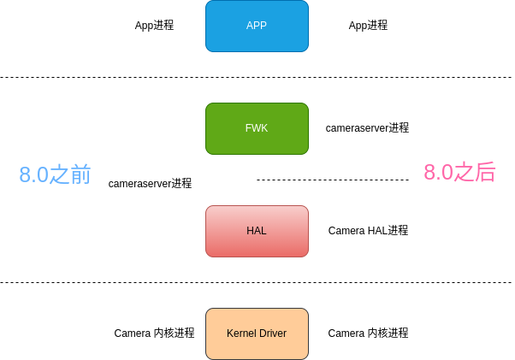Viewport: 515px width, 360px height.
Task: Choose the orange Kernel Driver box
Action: click(x=257, y=346)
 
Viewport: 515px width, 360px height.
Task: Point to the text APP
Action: click(x=257, y=26)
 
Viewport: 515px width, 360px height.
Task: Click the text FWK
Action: click(x=257, y=128)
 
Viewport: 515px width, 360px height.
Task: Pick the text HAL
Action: click(x=257, y=231)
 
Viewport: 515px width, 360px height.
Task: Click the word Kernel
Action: click(x=242, y=333)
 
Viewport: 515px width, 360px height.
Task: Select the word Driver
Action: click(x=272, y=333)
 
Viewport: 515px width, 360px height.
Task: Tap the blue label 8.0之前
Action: click(x=55, y=174)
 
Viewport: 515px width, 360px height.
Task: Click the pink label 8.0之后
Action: click(x=459, y=172)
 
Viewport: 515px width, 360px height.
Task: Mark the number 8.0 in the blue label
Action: click(x=34, y=175)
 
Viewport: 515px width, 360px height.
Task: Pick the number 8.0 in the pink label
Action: click(x=438, y=173)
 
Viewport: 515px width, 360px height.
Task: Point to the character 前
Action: click(x=80, y=174)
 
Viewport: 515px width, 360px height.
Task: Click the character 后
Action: click(x=485, y=172)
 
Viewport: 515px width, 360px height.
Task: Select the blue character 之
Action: click(x=59, y=174)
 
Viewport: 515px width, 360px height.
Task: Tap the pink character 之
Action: click(x=464, y=172)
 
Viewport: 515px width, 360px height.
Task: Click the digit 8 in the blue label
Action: click(x=25, y=175)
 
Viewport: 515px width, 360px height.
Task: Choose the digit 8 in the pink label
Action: click(x=429, y=173)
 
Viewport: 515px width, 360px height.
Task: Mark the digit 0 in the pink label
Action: click(x=447, y=173)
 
